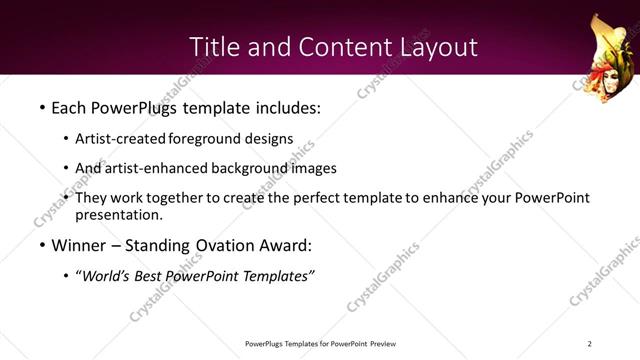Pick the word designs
point(270,139)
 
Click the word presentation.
point(118,214)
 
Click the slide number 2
point(590,344)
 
